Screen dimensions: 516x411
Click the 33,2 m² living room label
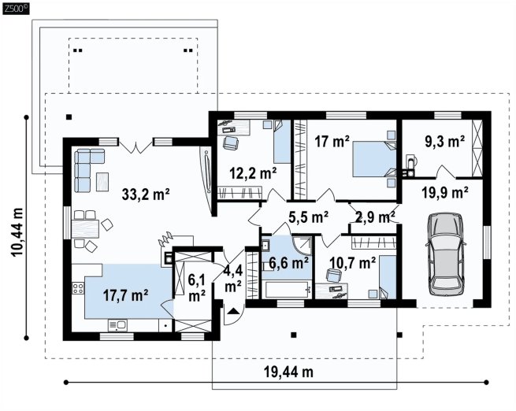point(146,194)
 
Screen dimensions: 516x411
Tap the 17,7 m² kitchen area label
point(125,295)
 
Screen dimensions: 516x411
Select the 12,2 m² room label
point(253,173)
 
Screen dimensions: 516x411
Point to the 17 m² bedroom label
point(332,142)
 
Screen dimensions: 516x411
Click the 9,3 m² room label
point(445,142)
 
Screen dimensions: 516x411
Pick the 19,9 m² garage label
point(445,193)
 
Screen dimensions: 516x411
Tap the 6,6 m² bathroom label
point(288,263)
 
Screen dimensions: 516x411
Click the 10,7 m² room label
point(352,263)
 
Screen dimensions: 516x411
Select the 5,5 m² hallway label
point(308,217)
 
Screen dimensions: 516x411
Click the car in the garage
point(446,254)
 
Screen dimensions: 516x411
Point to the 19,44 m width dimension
point(288,372)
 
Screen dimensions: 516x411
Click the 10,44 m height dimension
point(18,232)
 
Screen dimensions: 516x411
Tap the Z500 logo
point(16,9)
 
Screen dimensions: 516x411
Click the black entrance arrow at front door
point(233,311)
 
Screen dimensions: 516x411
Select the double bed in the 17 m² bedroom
point(374,159)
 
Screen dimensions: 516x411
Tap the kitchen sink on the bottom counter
point(117,325)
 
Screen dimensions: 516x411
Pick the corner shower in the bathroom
point(302,246)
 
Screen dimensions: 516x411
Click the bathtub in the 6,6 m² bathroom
point(286,289)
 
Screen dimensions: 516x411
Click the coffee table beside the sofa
point(102,182)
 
